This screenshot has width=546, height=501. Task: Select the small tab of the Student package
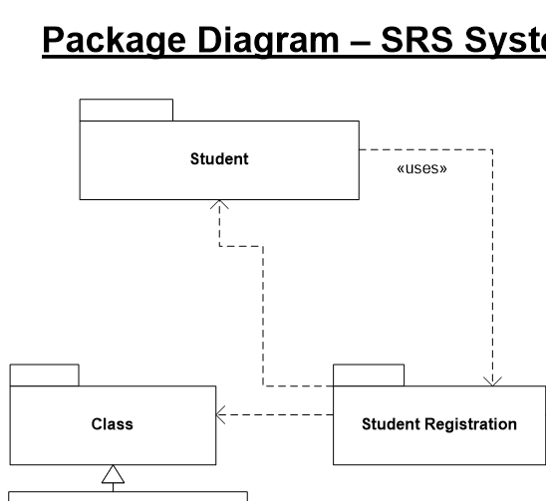[x=127, y=110]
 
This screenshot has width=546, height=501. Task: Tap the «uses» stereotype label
[x=421, y=168]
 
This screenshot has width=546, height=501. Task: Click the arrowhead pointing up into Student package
[x=219, y=205]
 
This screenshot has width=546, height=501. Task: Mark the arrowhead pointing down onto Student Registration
[x=492, y=379]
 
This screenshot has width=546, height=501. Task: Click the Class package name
[x=114, y=424]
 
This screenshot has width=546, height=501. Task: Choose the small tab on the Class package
[x=44, y=375]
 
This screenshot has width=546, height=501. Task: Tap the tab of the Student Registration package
[x=369, y=375]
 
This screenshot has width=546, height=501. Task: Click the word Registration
[x=476, y=424]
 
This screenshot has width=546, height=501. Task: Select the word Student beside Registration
[x=391, y=424]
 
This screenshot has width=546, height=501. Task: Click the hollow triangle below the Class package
[x=114, y=474]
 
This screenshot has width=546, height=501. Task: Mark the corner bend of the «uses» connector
[x=492, y=149]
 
